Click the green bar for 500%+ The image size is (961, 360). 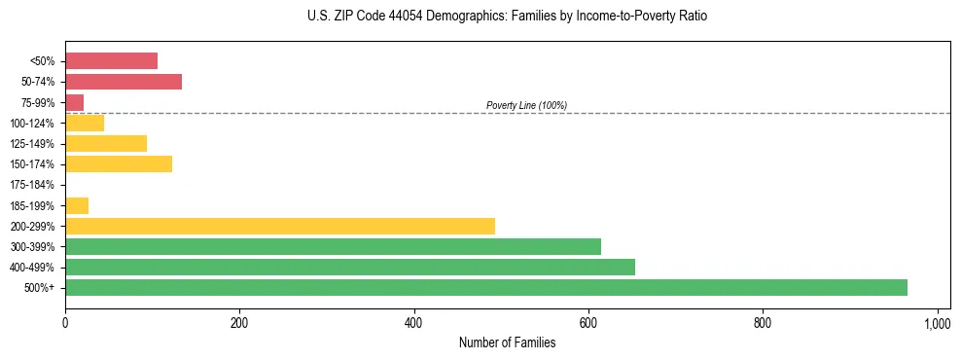click(x=486, y=287)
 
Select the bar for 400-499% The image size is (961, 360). click(x=350, y=267)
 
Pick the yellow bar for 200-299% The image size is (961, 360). click(x=280, y=226)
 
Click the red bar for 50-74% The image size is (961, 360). click(x=124, y=82)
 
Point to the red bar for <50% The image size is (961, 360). click(x=111, y=61)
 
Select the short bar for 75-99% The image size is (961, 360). click(x=75, y=102)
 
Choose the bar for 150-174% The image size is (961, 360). click(x=119, y=163)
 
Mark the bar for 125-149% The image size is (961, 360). click(x=106, y=143)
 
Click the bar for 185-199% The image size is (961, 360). click(x=77, y=205)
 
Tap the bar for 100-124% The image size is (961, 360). click(x=85, y=123)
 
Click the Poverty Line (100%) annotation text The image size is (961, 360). click(x=526, y=105)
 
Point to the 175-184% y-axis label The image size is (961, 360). click(x=32, y=185)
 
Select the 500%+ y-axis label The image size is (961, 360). click(x=40, y=288)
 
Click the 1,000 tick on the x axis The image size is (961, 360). click(x=937, y=322)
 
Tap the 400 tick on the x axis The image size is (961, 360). click(x=414, y=322)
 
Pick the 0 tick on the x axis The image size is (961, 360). click(x=65, y=322)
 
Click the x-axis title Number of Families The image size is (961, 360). click(x=507, y=342)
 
